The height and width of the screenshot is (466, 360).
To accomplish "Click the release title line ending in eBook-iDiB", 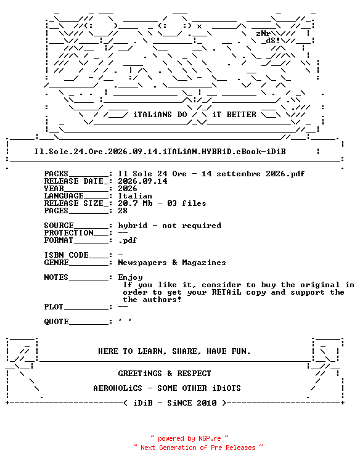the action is [160, 152].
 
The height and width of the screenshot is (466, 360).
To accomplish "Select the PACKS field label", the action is [56, 174].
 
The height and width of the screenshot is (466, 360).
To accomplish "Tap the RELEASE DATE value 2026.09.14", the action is [142, 181].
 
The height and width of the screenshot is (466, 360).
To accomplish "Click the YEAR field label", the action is [54, 189].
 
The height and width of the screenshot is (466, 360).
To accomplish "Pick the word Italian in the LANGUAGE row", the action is [135, 196].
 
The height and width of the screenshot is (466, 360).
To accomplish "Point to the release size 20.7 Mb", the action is [135, 203].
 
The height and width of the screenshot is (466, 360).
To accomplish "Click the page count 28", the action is [123, 211].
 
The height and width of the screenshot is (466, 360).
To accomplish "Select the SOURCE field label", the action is [59, 226].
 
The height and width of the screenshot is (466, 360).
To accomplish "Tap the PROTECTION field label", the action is [68, 233].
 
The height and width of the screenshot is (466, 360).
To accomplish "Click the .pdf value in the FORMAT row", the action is [128, 240].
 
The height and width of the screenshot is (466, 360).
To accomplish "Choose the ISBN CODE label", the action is [67, 255].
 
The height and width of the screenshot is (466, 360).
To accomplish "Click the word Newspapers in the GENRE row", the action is [142, 263].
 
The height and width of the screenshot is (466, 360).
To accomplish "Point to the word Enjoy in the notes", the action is [130, 277].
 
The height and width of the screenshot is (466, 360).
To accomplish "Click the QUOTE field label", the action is [57, 322].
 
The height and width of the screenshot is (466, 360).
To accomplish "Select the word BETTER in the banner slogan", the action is [241, 115].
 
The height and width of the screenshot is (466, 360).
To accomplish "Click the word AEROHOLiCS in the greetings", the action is [118, 388].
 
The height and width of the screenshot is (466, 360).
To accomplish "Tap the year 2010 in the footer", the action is [207, 403].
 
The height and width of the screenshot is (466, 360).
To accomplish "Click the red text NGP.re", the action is [210, 438].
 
